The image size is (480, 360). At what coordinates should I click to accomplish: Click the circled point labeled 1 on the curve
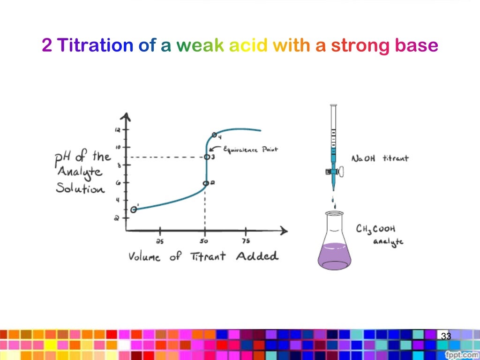(134, 210)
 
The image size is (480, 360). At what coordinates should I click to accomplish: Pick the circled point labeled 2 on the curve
(205, 184)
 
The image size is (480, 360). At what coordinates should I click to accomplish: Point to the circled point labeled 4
(214, 135)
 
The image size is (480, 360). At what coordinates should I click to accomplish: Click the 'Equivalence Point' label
(250, 150)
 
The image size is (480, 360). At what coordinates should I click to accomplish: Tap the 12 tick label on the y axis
(118, 130)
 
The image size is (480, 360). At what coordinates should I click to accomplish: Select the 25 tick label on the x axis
(160, 241)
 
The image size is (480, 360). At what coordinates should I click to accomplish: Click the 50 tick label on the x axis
(204, 241)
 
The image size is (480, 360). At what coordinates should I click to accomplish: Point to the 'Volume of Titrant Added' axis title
(203, 256)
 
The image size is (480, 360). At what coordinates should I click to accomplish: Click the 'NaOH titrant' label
(380, 158)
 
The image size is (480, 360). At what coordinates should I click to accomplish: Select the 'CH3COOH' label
(375, 229)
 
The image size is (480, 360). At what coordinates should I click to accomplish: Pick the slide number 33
(446, 336)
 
